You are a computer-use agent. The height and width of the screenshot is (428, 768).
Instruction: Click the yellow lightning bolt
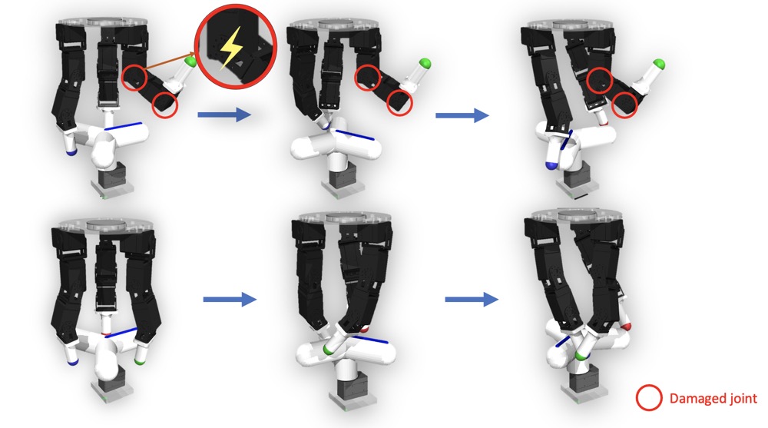(230, 48)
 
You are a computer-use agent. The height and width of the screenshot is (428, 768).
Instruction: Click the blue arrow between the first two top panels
(223, 114)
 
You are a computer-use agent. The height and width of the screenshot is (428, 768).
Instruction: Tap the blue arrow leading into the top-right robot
(462, 115)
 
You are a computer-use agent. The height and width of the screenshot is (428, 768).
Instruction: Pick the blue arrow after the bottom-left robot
(230, 299)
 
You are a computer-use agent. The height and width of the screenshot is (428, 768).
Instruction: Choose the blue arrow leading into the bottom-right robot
(472, 299)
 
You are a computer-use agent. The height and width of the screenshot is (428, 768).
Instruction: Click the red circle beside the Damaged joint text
(649, 397)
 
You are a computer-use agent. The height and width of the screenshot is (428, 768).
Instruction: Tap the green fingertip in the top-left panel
(190, 61)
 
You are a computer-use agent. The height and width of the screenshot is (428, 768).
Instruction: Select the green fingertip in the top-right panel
(659, 64)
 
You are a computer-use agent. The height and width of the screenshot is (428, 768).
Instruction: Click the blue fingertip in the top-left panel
(72, 152)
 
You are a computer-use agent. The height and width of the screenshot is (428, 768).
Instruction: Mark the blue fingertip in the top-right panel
(551, 165)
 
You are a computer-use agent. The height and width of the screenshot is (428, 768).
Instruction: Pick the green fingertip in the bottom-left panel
(140, 361)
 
